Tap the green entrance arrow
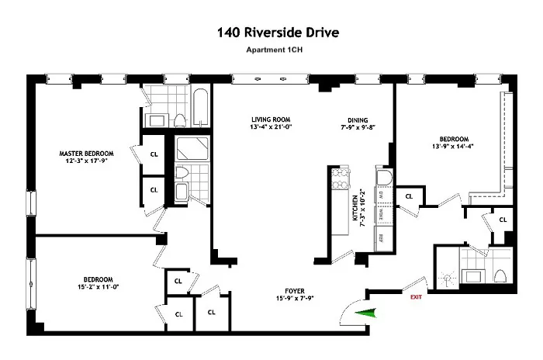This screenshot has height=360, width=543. point(364,312)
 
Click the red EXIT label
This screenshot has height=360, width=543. point(416,296)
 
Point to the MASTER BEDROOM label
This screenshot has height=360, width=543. point(87,153)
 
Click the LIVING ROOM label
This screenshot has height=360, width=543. point(270,119)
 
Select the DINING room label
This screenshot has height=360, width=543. point(357,119)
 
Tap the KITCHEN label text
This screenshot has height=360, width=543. point(356,209)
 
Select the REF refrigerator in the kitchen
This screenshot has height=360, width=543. point(382,237)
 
